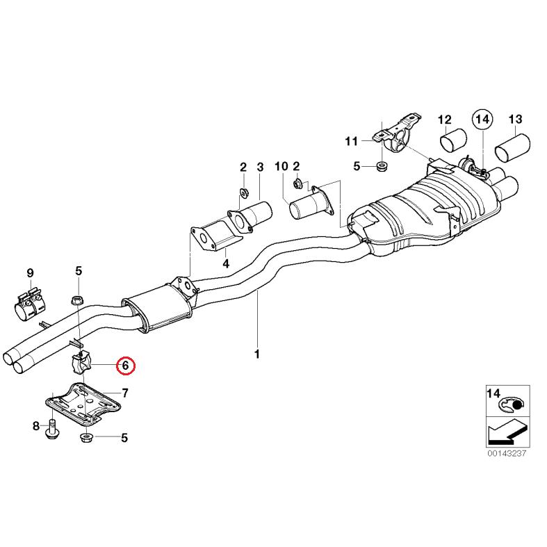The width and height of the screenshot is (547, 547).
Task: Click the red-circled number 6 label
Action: point(126,364)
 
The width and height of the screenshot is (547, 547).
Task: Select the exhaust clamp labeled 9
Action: point(30,304)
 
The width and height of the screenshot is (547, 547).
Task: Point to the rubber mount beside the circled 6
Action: point(81,364)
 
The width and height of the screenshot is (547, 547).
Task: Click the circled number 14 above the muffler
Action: point(482,120)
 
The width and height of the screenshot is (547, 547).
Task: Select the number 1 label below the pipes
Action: point(256,354)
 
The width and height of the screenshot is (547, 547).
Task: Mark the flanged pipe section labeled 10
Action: point(309,206)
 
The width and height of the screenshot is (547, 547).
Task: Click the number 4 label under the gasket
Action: point(225,263)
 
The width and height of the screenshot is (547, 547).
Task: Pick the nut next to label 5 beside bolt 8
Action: point(89,438)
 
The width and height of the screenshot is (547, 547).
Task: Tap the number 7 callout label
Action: point(125,393)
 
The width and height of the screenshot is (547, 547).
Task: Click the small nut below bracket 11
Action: point(379,166)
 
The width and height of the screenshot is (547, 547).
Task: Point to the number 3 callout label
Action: point(260,167)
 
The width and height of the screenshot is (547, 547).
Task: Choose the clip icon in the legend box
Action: point(515,404)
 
